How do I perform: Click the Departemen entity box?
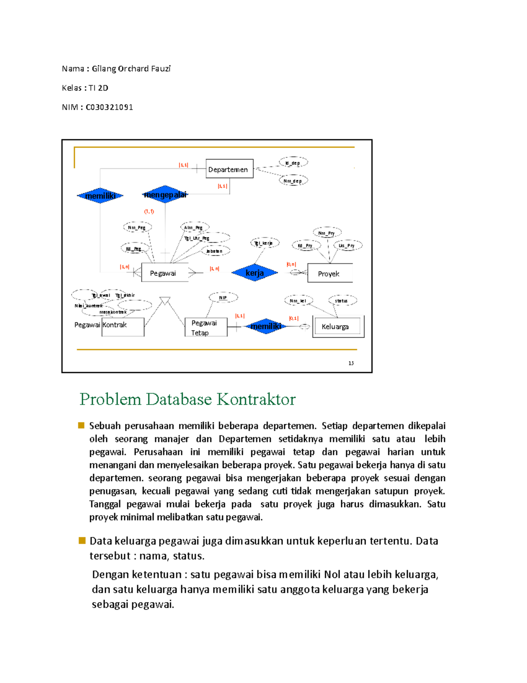[x=229, y=169]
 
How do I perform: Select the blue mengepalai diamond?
[x=165, y=194]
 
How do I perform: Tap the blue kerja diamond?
[x=255, y=273]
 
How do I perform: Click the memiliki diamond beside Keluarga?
[x=266, y=326]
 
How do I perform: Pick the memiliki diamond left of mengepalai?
[x=100, y=196]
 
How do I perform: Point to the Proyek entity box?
[x=330, y=273]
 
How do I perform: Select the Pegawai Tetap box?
[x=206, y=328]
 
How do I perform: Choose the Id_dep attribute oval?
[x=293, y=163]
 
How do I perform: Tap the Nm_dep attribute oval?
[x=293, y=180]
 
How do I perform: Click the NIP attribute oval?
[x=223, y=298]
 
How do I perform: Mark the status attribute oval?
[x=342, y=301]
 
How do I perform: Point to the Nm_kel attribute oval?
[x=298, y=301]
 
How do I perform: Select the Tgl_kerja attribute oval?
[x=264, y=243]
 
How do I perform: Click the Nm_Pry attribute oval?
[x=327, y=233]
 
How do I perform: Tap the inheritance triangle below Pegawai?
[x=165, y=301]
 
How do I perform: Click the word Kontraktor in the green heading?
[x=256, y=399]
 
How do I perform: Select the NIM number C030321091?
[x=109, y=107]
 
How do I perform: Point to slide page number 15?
[x=351, y=363]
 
